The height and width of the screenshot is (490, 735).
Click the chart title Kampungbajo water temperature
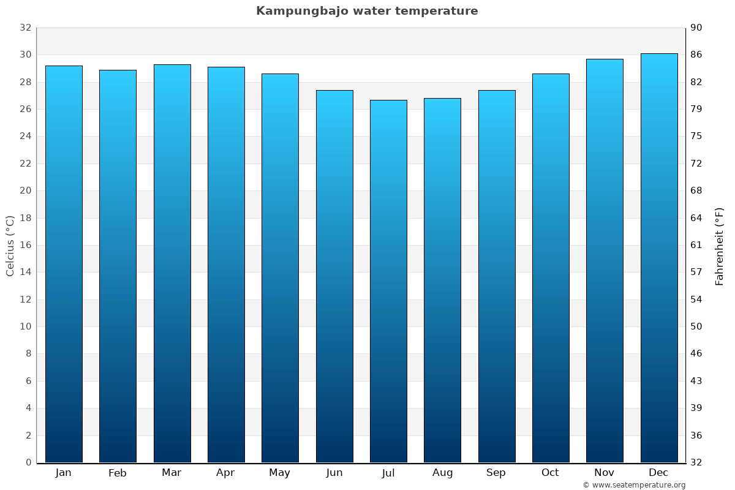(367, 11)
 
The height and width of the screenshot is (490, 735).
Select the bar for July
(388, 281)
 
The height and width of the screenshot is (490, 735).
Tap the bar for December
(658, 258)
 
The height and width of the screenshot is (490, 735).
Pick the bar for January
(64, 264)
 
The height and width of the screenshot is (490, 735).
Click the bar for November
(605, 261)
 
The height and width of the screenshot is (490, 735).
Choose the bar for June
(334, 276)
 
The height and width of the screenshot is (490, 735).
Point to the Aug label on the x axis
(442, 473)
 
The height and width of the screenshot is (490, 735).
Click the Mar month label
(171, 473)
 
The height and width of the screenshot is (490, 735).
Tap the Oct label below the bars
(550, 473)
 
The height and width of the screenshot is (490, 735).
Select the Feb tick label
(117, 473)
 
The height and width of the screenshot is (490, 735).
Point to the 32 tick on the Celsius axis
(25, 28)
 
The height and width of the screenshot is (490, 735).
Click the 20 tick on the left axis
(25, 190)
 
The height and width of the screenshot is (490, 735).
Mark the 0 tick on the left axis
(28, 462)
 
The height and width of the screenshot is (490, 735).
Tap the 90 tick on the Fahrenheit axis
(696, 28)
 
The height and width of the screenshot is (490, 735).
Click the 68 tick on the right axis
(696, 190)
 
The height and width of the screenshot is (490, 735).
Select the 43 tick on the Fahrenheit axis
(696, 381)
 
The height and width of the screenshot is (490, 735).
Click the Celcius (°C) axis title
(10, 245)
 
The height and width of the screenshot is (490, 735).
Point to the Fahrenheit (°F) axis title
(719, 245)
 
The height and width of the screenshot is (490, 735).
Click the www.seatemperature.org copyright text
(633, 485)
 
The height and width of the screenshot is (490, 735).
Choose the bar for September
(497, 276)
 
